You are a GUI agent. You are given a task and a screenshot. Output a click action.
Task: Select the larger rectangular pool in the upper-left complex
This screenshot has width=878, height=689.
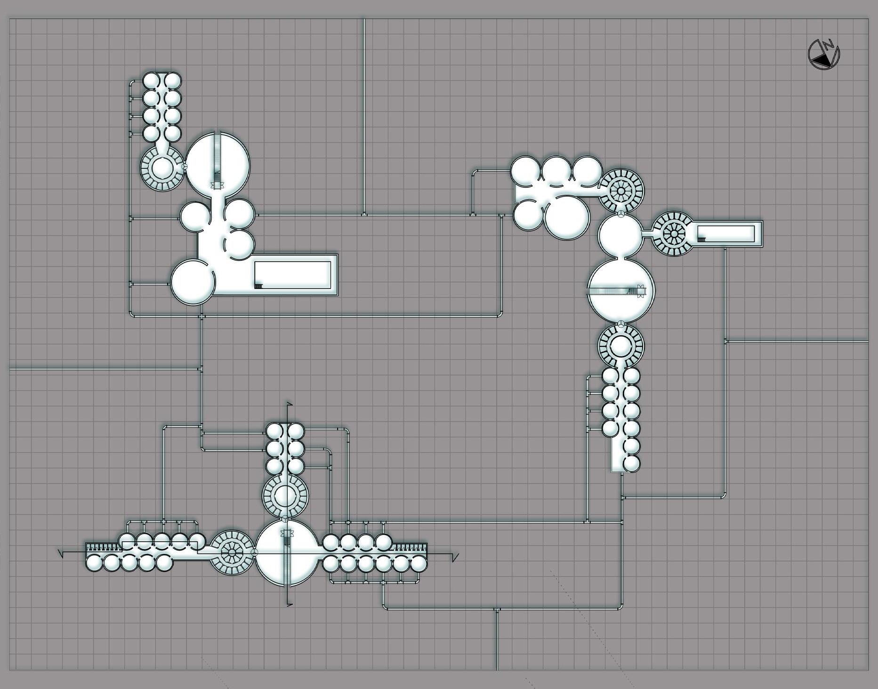(x=292, y=275)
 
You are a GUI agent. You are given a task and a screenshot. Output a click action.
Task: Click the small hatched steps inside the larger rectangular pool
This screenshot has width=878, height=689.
(x=258, y=285)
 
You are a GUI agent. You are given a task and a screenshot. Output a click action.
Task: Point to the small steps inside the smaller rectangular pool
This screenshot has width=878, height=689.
(x=701, y=240)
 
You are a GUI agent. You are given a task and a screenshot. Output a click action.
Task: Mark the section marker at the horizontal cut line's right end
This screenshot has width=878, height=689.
(x=455, y=557)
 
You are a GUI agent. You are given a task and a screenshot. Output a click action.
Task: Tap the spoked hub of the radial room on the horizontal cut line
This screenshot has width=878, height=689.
(x=232, y=553)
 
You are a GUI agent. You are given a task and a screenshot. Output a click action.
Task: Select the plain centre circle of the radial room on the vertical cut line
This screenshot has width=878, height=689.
(x=284, y=496)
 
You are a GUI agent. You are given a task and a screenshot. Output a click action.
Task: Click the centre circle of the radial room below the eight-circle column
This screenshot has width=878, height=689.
(x=162, y=168)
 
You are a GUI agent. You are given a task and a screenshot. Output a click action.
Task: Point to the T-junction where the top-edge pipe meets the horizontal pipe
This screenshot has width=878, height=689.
(x=364, y=215)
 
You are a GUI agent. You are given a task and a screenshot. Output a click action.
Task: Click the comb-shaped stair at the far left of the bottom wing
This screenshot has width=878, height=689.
(x=103, y=547)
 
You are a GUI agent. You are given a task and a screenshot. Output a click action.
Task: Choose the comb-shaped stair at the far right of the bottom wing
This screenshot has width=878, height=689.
(x=410, y=547)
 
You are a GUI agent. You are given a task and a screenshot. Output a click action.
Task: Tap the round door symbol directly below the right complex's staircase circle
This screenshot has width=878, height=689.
(x=621, y=324)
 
